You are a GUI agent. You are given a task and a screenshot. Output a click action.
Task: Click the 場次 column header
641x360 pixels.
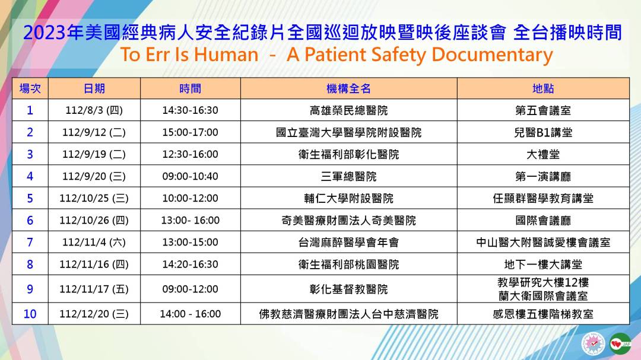pyautogui.click(x=30, y=88)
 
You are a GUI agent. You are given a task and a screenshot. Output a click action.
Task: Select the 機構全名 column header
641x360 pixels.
pyautogui.click(x=348, y=88)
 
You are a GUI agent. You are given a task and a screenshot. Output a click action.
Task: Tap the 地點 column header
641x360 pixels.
pyautogui.click(x=543, y=88)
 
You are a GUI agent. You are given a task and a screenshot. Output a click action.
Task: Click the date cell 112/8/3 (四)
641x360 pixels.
pyautogui.click(x=94, y=110)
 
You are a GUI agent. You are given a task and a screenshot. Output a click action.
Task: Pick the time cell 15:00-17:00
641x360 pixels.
pyautogui.click(x=190, y=132)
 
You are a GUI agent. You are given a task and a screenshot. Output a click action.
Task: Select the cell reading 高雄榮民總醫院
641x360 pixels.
pyautogui.click(x=348, y=110)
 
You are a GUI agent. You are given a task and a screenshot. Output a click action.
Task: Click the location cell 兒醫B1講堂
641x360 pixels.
pyautogui.click(x=543, y=132)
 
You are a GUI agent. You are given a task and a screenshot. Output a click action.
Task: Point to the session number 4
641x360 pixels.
pyautogui.click(x=30, y=177)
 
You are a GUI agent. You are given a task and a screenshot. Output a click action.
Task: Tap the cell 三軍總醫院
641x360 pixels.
pyautogui.click(x=348, y=177)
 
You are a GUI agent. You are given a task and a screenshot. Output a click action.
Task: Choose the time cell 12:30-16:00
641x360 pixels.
pyautogui.click(x=190, y=154)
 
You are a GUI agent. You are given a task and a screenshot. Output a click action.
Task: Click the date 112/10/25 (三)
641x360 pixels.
pyautogui.click(x=94, y=199)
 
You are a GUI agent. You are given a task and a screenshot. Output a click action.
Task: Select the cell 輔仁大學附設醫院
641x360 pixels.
pyautogui.click(x=348, y=199)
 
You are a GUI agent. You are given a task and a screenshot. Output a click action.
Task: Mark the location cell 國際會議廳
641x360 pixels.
pyautogui.click(x=543, y=221)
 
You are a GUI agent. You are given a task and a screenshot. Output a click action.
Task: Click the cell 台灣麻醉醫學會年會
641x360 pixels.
pyautogui.click(x=348, y=243)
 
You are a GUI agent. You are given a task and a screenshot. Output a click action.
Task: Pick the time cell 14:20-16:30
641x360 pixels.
pyautogui.click(x=190, y=265)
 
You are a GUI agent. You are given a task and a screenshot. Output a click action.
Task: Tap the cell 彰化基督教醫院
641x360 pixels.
pyautogui.click(x=348, y=289)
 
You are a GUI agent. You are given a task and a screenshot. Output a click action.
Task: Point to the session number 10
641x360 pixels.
pyautogui.click(x=30, y=314)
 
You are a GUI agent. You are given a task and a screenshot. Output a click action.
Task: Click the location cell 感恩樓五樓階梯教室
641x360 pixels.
pyautogui.click(x=543, y=314)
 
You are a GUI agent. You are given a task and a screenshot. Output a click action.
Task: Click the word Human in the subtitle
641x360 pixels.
pyautogui.click(x=226, y=55)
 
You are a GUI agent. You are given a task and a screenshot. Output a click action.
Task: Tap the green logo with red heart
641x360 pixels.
pyautogui.click(x=620, y=344)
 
